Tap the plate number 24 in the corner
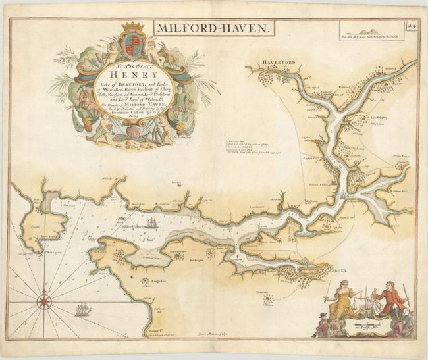[412, 26]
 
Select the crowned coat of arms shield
[133, 42]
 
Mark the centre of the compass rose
[44, 302]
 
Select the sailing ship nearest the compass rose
[82, 308]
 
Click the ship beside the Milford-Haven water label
[151, 222]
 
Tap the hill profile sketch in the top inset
[369, 31]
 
